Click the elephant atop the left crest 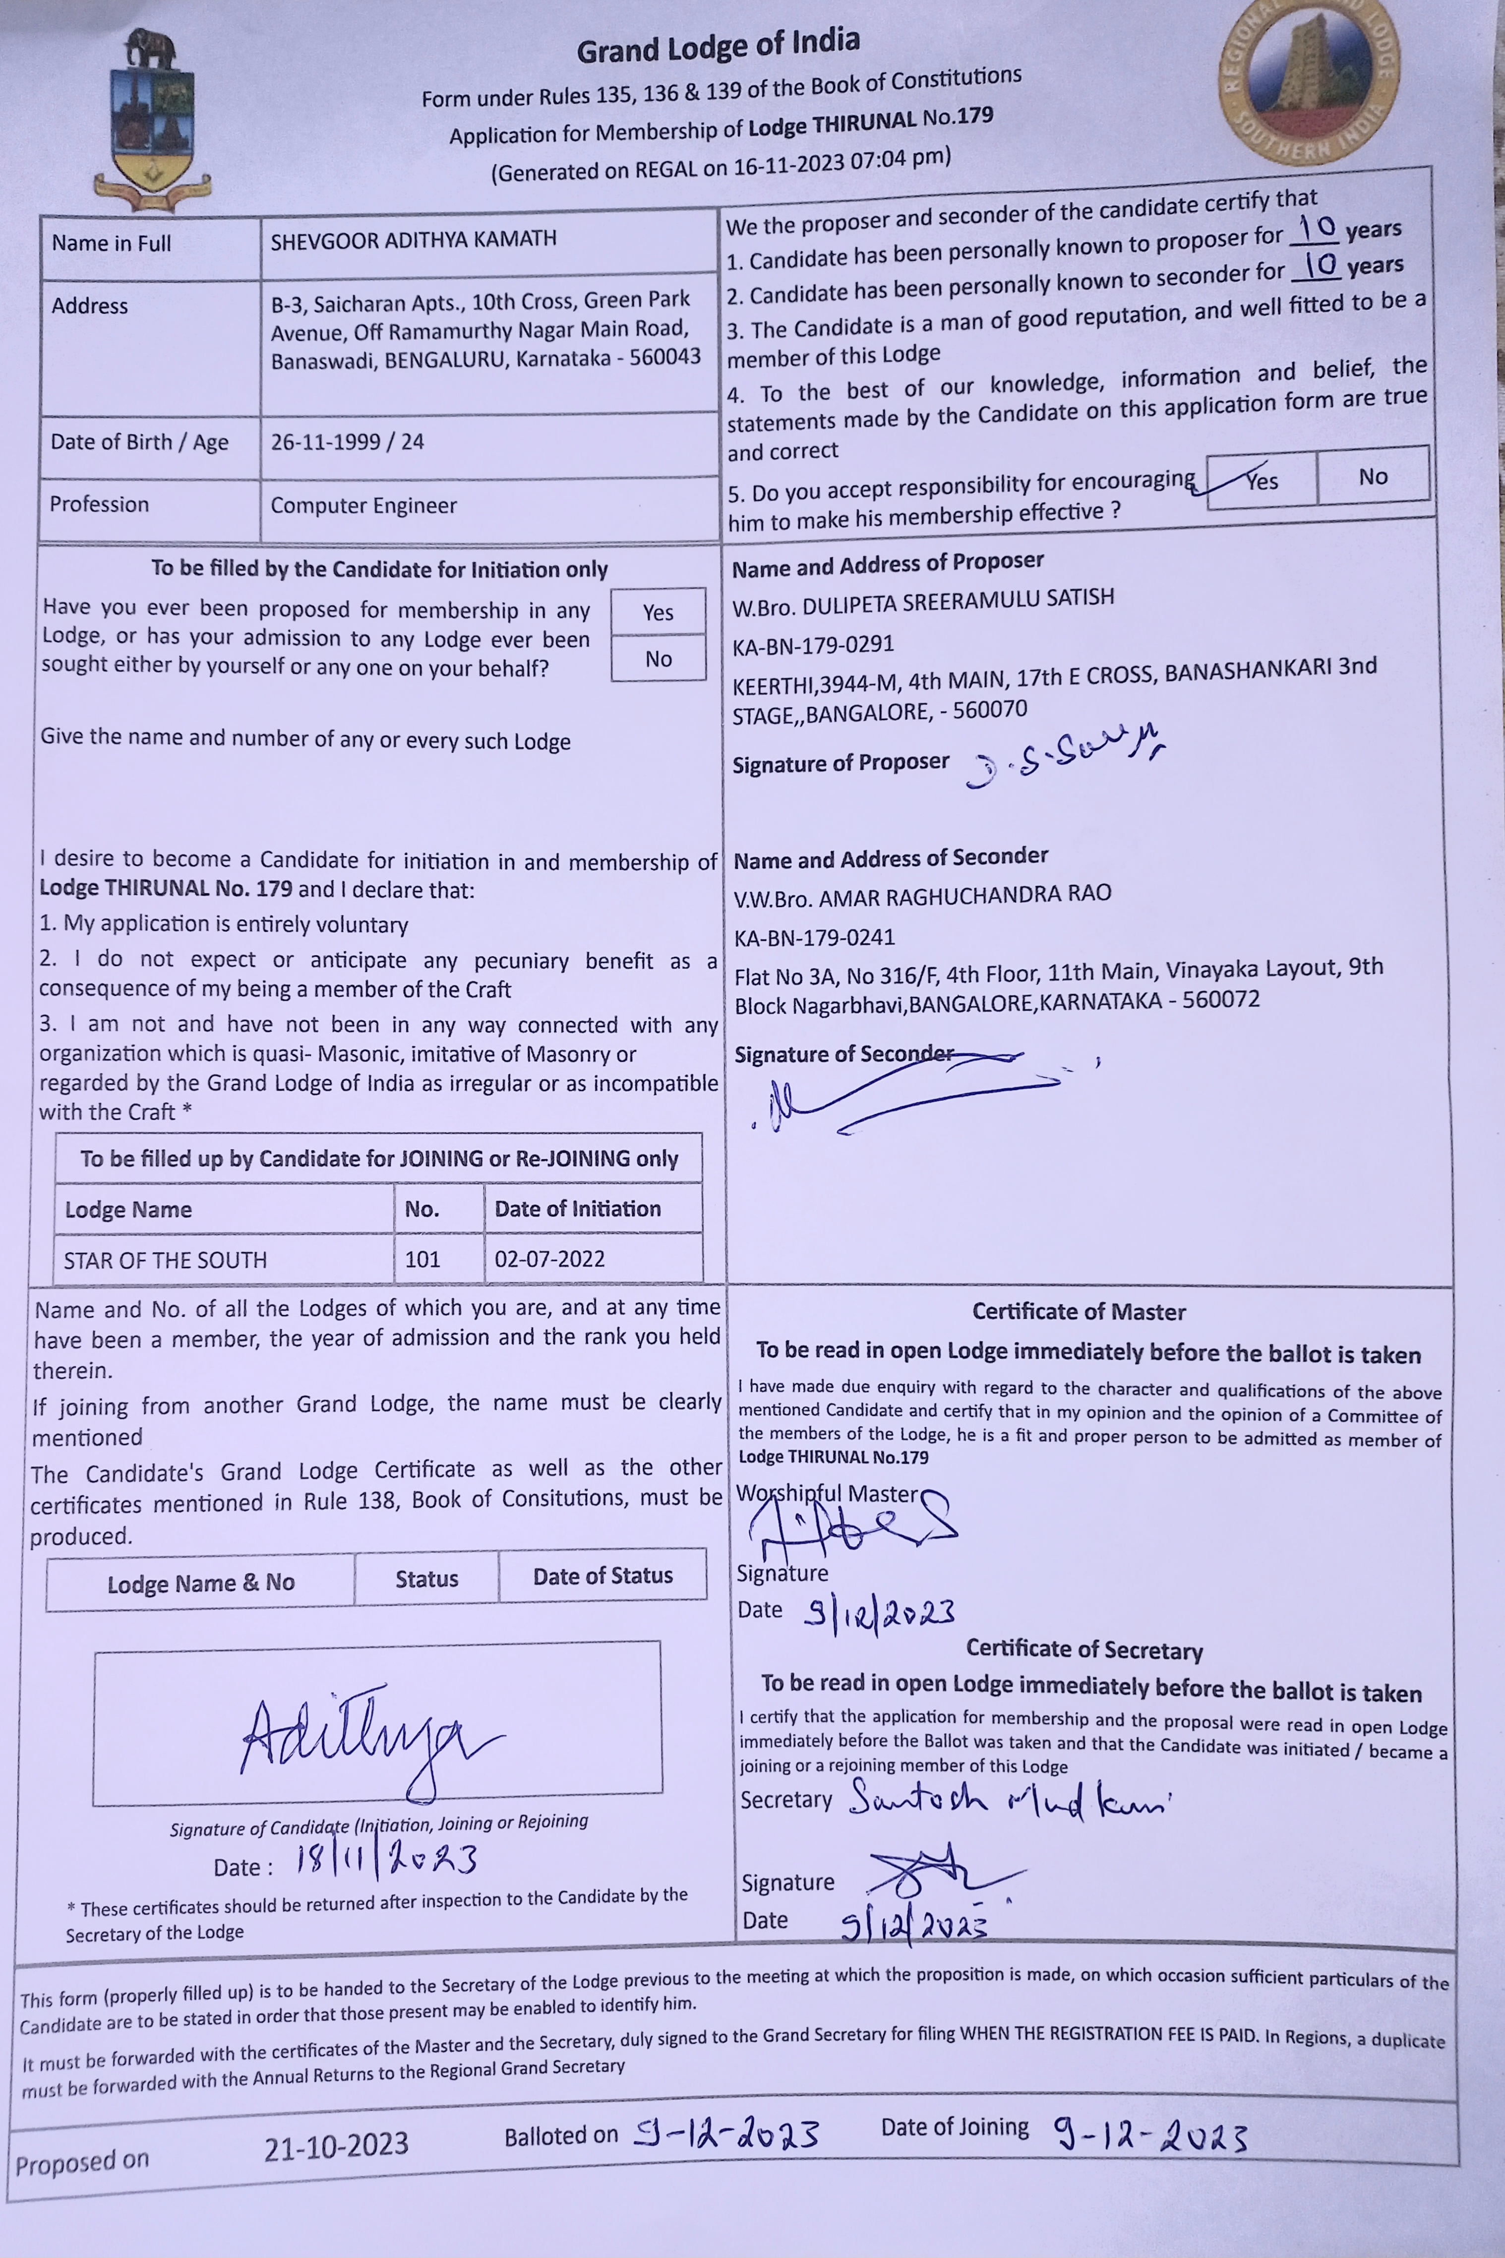(151, 48)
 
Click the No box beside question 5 (1373, 476)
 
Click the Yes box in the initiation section (659, 612)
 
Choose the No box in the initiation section (659, 659)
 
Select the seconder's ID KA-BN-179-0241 (814, 937)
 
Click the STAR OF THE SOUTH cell (165, 1260)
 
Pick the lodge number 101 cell (422, 1259)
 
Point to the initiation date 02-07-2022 (550, 1259)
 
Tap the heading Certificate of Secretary (1084, 1648)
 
